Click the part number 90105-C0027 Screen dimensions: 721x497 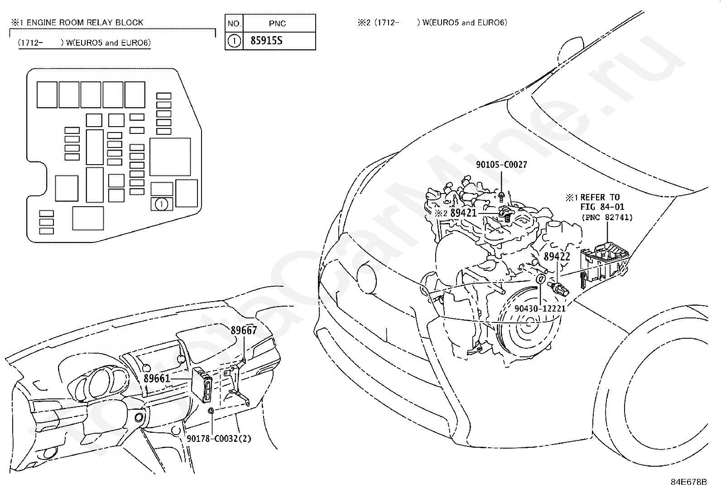pos(501,165)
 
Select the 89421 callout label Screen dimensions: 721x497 pos(463,213)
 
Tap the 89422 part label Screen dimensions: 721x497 pos(557,256)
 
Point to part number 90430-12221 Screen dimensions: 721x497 pos(540,308)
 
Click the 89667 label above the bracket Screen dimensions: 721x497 pos(244,330)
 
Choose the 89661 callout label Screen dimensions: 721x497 pos(157,379)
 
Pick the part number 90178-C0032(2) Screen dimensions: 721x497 pos(219,439)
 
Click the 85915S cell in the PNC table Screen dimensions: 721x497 pos(266,41)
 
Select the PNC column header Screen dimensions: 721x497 pos(277,24)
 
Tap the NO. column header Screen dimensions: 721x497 pos(234,24)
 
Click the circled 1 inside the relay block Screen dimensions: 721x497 pos(162,204)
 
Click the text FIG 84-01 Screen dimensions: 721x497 pos(602,207)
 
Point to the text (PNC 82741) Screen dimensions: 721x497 pos(607,218)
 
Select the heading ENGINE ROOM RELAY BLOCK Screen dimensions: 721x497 pos(85,23)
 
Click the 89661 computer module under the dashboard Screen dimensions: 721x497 pos(202,384)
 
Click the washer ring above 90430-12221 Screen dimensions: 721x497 pos(541,279)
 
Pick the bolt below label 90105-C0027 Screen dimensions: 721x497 pos(501,197)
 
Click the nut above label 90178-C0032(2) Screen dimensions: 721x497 pos(211,411)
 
